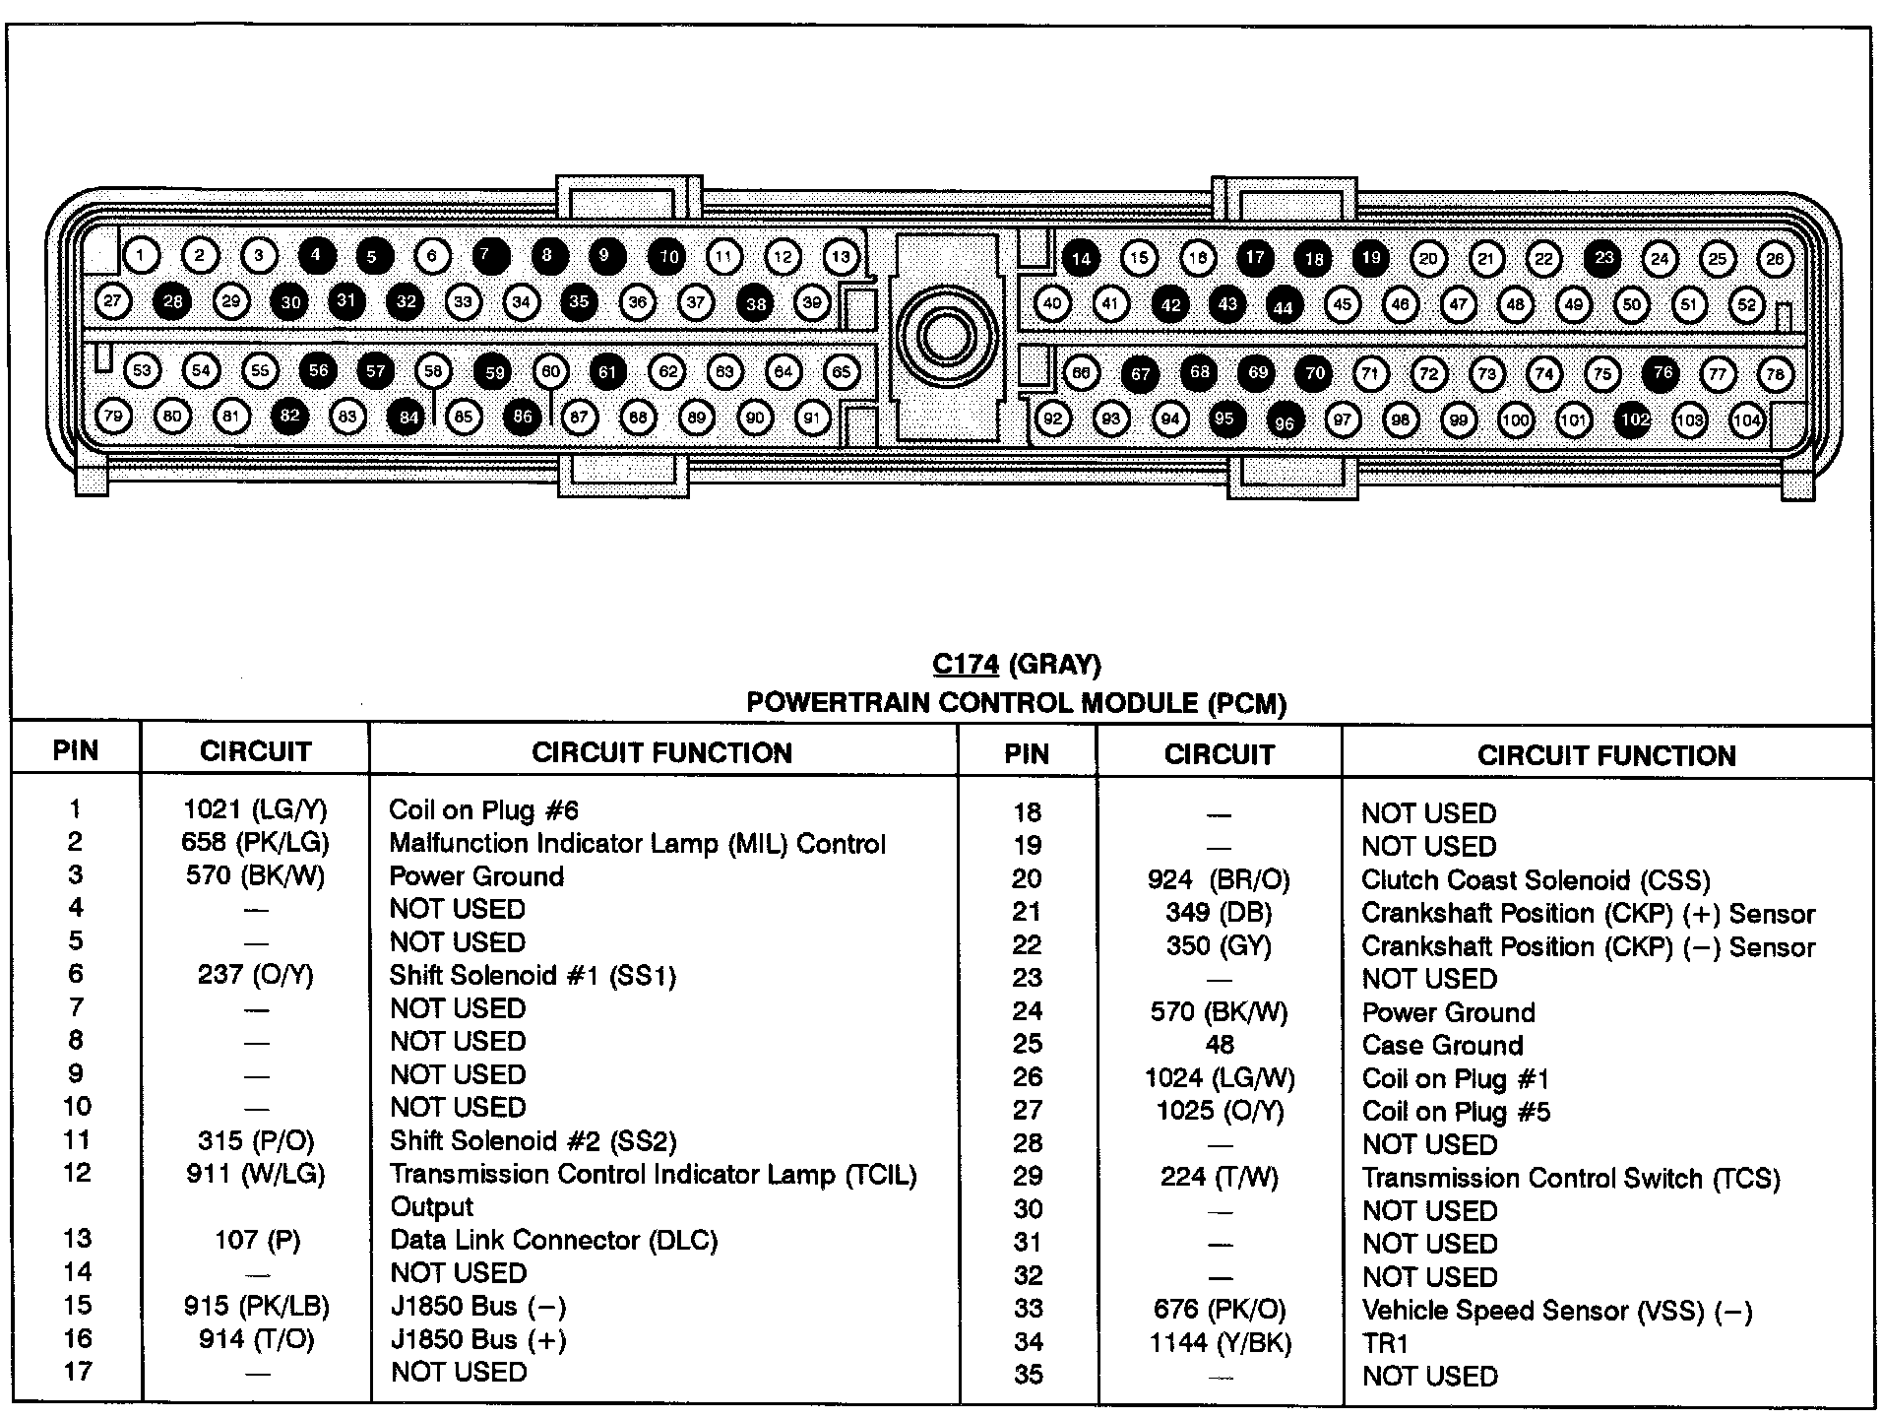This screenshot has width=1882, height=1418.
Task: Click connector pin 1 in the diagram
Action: pos(141,256)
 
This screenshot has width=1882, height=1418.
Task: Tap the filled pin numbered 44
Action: pos(1284,306)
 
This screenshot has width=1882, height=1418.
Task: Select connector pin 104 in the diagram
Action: pos(1747,420)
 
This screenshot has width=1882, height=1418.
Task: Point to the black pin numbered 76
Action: pos(1662,372)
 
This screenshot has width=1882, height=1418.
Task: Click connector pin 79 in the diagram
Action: pos(113,417)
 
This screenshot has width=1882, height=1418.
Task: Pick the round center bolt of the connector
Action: pos(946,338)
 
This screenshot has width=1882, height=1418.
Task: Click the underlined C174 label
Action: pos(966,665)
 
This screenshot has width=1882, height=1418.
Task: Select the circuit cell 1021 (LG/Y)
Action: pos(255,809)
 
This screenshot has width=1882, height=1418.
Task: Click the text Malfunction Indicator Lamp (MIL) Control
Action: pos(638,844)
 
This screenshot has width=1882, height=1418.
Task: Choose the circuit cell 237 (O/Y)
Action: pos(255,975)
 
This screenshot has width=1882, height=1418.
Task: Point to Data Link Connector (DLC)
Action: pos(554,1240)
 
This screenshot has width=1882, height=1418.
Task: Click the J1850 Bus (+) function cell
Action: pos(478,1340)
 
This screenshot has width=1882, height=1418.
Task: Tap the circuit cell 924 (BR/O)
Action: pos(1219,879)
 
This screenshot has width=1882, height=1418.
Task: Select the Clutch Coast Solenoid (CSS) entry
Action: pos(1537,880)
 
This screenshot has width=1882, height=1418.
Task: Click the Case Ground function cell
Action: pos(1443,1045)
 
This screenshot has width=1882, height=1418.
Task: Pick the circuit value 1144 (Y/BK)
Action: pos(1221,1342)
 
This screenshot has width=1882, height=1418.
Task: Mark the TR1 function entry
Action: pos(1386,1343)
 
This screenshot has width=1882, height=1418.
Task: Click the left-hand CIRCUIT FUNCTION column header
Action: pos(662,753)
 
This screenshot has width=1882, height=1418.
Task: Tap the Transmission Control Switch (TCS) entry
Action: pos(1572,1179)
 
